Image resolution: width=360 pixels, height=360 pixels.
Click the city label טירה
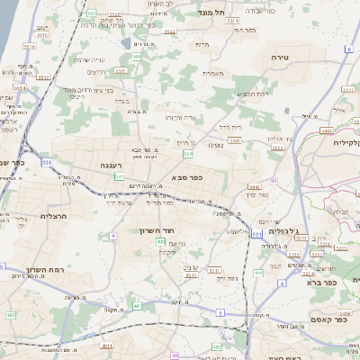click(279, 57)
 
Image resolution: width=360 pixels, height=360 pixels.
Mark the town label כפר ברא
click(320, 282)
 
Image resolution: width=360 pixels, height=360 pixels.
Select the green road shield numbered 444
click(258, 274)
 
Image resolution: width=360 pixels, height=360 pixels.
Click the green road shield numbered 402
click(160, 242)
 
